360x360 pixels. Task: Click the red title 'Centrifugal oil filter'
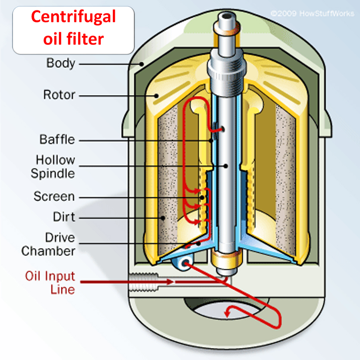click(x=73, y=28)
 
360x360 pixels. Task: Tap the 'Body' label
click(x=61, y=64)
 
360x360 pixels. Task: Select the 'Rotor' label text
click(x=59, y=94)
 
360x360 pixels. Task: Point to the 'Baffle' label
click(x=57, y=140)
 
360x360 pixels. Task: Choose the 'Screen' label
click(x=54, y=197)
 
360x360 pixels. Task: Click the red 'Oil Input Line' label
click(x=50, y=282)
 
